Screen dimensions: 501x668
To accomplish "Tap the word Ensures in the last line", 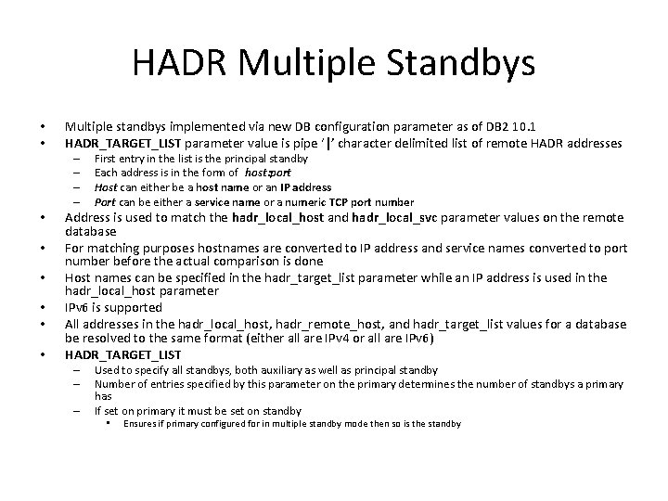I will (144, 423).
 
